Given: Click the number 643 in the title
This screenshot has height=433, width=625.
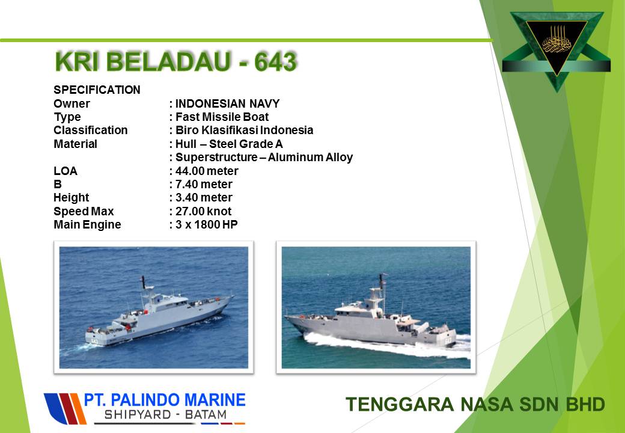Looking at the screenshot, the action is [275, 62].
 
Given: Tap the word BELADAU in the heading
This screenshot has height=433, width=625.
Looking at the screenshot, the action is [168, 62].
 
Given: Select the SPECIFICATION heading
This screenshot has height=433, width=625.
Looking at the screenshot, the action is [97, 90].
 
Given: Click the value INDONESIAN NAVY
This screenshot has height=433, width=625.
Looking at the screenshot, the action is [227, 103].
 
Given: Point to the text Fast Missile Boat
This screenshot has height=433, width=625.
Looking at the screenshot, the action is [222, 117].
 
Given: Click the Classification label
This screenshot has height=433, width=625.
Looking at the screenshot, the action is [91, 131].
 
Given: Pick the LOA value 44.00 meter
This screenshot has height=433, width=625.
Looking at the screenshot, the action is [207, 171].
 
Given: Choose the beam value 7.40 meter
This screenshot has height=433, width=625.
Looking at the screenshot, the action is [204, 184].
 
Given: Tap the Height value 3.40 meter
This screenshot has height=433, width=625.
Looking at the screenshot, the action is [204, 198].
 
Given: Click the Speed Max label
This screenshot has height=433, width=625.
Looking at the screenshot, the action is [84, 211].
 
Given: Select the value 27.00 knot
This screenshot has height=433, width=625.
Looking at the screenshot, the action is [203, 211].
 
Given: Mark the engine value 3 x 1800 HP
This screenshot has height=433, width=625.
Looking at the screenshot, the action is [207, 224].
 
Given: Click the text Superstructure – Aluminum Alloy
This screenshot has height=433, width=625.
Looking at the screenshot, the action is [264, 158].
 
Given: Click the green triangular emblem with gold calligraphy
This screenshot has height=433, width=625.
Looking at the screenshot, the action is [556, 47].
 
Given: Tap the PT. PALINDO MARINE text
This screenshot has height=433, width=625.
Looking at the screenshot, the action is [165, 400].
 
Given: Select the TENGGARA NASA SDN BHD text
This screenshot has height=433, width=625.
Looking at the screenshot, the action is [475, 404].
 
